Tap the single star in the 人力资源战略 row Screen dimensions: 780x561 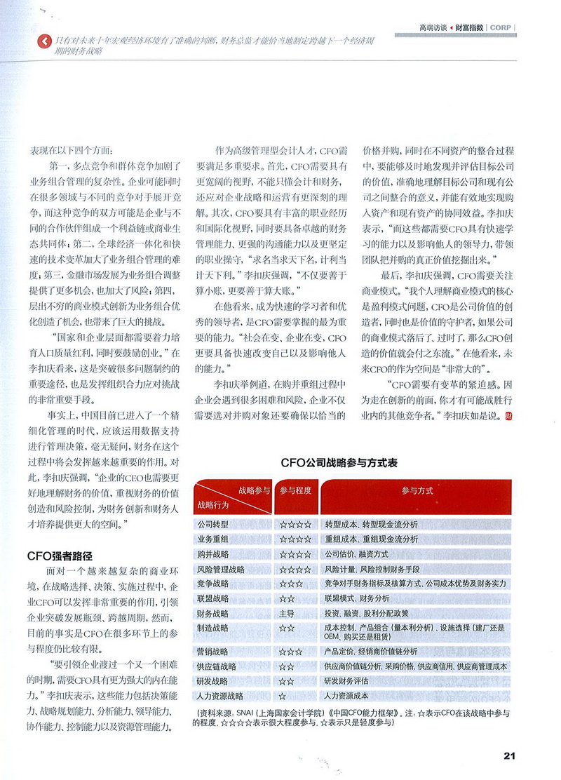coord(282,696)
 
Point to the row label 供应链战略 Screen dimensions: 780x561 coord(217,666)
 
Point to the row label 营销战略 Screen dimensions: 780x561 coord(212,651)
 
